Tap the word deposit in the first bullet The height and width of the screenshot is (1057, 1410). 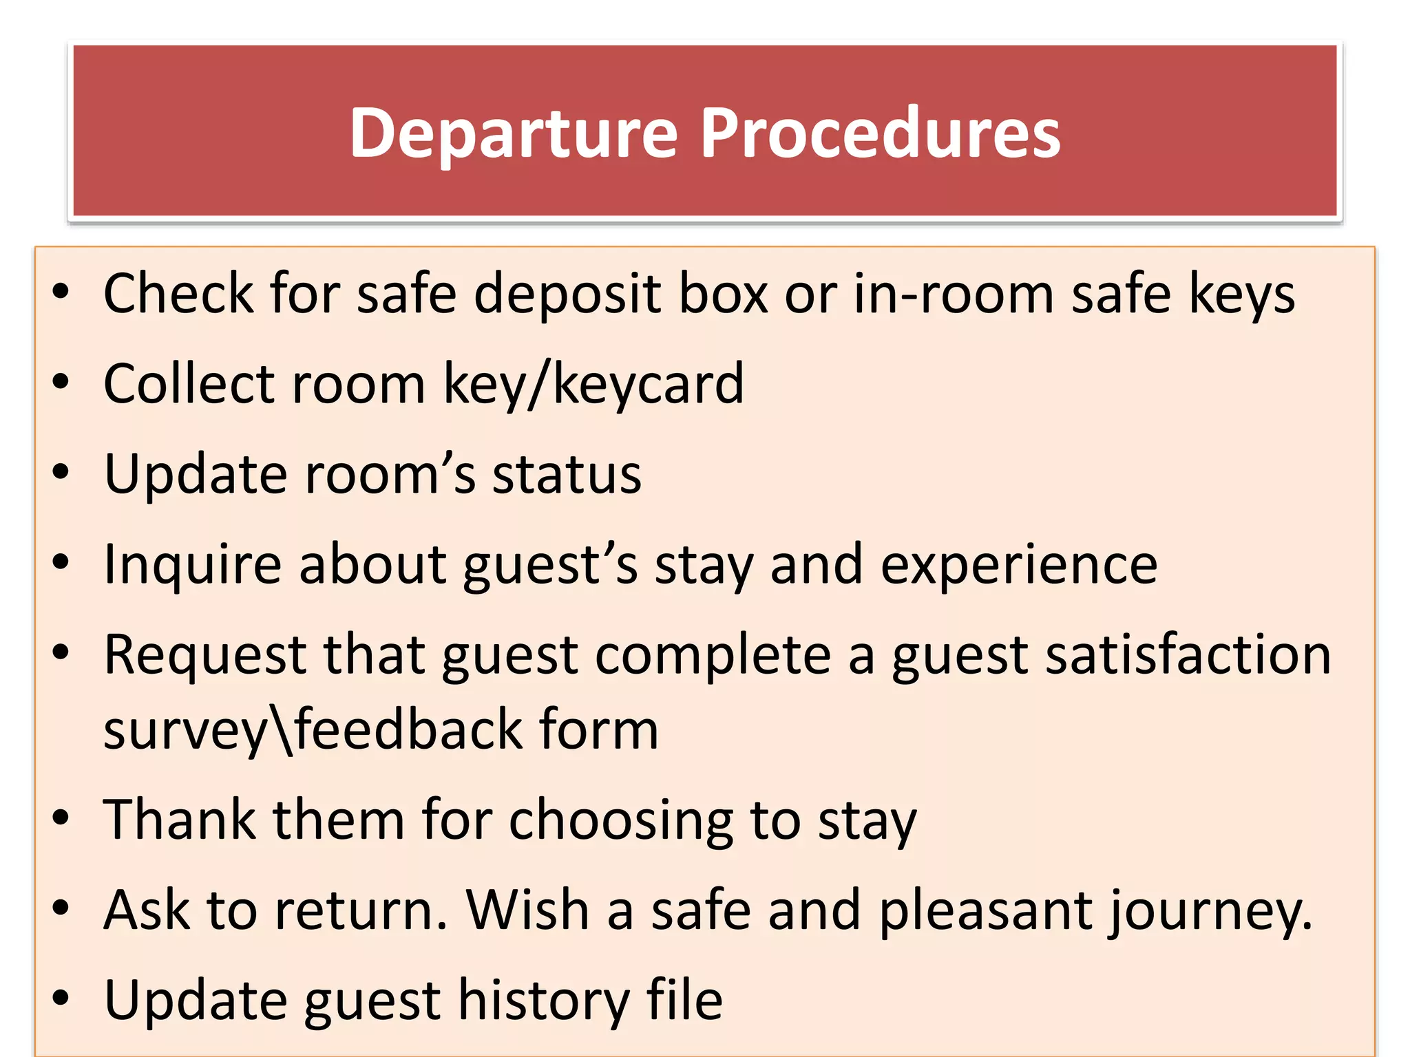tap(568, 294)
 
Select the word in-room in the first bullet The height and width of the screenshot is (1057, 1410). tap(954, 294)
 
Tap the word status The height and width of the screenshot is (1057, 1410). tap(567, 475)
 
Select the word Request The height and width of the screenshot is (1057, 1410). tap(204, 656)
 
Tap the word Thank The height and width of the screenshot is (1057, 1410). tap(179, 820)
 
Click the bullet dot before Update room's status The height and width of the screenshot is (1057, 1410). tap(61, 473)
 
